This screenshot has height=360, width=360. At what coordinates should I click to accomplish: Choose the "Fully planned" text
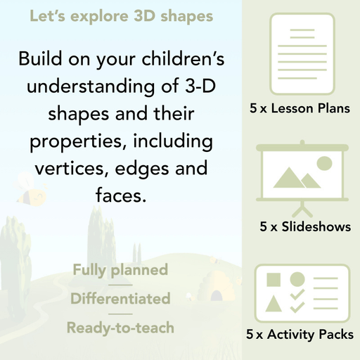coord(120,269)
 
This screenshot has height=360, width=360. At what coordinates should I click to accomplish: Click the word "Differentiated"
coord(120,298)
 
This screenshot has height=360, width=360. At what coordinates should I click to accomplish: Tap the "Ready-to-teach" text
coord(120,327)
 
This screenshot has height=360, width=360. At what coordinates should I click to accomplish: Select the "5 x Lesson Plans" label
coord(300,110)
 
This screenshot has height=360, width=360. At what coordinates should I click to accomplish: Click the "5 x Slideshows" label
coord(305,227)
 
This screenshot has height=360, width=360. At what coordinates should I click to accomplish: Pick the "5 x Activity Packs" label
coord(300,335)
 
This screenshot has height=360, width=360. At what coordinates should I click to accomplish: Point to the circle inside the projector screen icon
coord(323,164)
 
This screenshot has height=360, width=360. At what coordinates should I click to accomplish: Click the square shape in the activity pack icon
coord(274,279)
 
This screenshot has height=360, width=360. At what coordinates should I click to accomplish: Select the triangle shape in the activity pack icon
coord(274,304)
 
